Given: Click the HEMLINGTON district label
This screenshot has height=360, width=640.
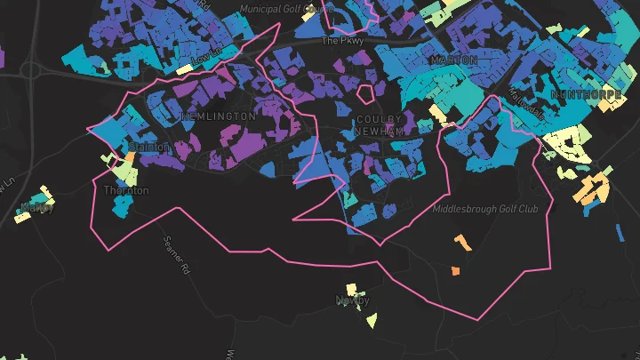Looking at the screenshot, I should [x=218, y=116].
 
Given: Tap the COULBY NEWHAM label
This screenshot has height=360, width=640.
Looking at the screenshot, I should [x=380, y=124].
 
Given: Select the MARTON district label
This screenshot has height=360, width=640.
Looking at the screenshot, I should [x=453, y=60].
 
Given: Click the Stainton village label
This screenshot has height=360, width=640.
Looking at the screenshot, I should [x=148, y=147].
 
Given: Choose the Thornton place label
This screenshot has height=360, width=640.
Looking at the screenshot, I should [x=126, y=190].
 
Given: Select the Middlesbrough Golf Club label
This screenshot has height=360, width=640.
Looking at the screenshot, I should [x=485, y=210].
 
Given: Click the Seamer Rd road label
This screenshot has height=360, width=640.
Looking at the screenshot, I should [x=178, y=252].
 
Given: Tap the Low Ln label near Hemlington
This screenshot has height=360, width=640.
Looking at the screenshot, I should [x=205, y=56].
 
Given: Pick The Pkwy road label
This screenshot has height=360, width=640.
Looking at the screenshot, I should [x=343, y=40].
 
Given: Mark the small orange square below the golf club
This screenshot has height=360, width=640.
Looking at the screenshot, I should [x=455, y=270].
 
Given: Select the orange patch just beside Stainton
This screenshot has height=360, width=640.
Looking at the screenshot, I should [x=130, y=156].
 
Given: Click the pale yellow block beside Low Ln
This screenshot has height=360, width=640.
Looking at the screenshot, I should [x=185, y=68].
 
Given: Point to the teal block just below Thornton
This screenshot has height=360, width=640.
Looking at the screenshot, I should [x=121, y=206].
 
